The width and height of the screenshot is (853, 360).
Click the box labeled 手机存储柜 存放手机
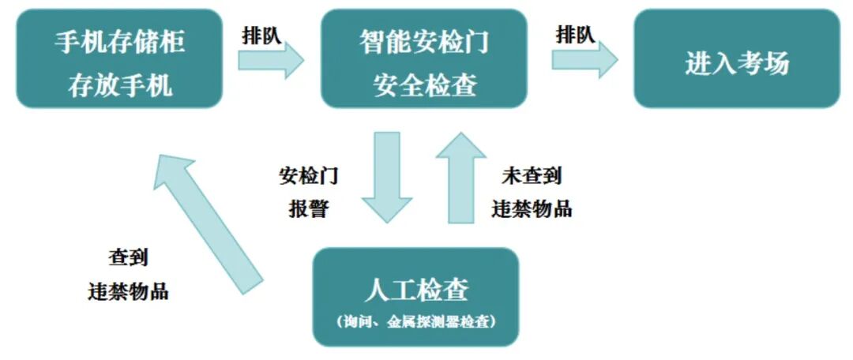click(x=118, y=59)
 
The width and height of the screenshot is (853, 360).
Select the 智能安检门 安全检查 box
click(x=424, y=59)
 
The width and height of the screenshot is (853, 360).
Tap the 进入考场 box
click(x=736, y=59)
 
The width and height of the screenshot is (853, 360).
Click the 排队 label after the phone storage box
click(x=261, y=35)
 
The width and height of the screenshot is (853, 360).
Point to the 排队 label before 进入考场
click(x=576, y=35)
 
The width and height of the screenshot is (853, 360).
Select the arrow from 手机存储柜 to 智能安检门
click(x=271, y=61)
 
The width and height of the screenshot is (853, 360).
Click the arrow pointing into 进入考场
click(x=585, y=61)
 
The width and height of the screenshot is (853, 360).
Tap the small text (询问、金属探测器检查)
click(x=416, y=322)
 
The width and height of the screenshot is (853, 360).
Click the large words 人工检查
click(x=416, y=290)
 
